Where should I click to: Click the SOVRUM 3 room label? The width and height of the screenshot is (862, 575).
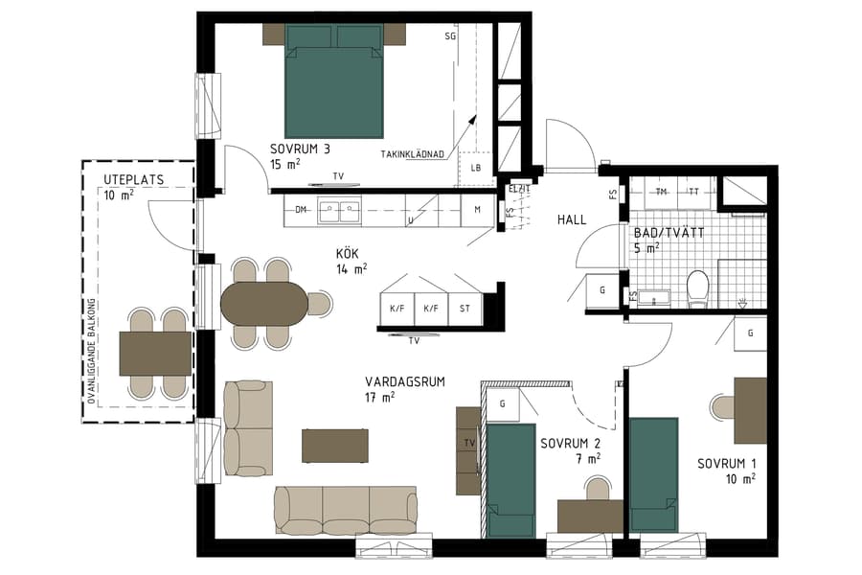coord(300,149)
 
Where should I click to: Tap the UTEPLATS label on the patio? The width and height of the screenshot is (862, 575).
coord(134,179)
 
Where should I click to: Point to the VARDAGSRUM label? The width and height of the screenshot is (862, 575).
coord(405,381)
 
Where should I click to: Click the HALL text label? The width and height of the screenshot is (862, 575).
coord(572,220)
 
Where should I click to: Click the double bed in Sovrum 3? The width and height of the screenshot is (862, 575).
coord(335,81)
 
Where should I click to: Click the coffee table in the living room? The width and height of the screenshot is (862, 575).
coord(335,446)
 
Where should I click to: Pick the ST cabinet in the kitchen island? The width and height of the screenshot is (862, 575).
coord(465,309)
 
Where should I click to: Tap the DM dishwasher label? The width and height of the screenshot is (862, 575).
coord(301,210)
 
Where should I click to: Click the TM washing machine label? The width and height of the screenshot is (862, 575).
coord(661,192)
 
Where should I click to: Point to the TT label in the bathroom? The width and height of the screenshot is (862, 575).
coord(693,192)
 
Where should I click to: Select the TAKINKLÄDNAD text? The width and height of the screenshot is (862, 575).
coord(413,153)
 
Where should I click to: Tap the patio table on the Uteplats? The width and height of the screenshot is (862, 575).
coord(155,353)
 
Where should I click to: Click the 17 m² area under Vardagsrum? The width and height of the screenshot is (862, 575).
coord(380,397)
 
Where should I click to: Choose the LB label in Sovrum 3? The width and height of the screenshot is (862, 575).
coord(475,168)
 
